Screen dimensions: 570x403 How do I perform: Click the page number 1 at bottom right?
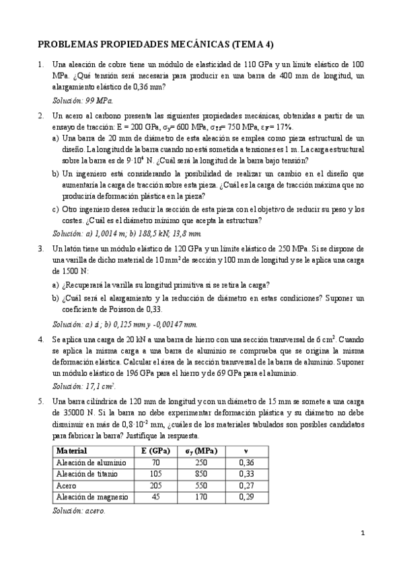tap(362, 534)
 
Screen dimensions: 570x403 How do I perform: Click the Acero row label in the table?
tap(67, 485)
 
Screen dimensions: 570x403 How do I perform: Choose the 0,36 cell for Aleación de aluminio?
tap(246, 462)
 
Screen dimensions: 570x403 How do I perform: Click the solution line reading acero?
tap(95, 510)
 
